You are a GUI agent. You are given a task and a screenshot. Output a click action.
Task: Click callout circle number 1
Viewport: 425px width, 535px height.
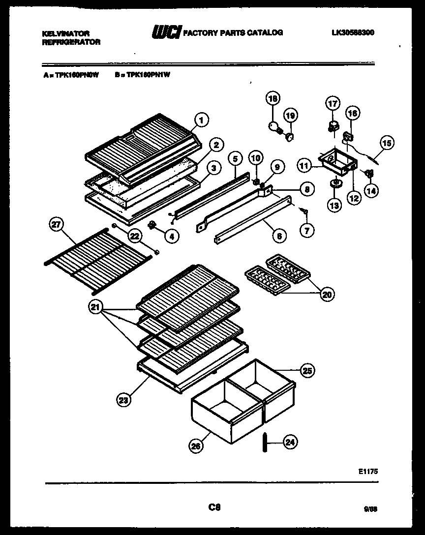pyautogui.click(x=201, y=119)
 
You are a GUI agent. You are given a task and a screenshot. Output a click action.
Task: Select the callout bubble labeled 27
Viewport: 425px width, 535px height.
pyautogui.click(x=57, y=225)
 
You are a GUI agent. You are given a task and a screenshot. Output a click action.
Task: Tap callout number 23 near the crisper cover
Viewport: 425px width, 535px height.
pyautogui.click(x=124, y=400)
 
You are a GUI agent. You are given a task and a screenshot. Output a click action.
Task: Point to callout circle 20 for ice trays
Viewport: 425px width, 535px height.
pyautogui.click(x=326, y=294)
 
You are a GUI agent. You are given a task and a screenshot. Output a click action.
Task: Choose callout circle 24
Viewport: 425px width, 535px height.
pyautogui.click(x=291, y=442)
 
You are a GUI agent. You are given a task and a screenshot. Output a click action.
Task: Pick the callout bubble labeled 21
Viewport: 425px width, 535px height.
pyautogui.click(x=96, y=308)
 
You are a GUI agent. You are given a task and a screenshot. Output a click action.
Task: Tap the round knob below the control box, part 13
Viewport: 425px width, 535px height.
pyautogui.click(x=334, y=184)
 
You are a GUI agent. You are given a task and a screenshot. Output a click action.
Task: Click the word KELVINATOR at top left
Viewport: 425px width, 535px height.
pyautogui.click(x=65, y=33)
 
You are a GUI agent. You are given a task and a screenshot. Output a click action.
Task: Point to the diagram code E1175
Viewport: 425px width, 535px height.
pyautogui.click(x=368, y=471)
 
